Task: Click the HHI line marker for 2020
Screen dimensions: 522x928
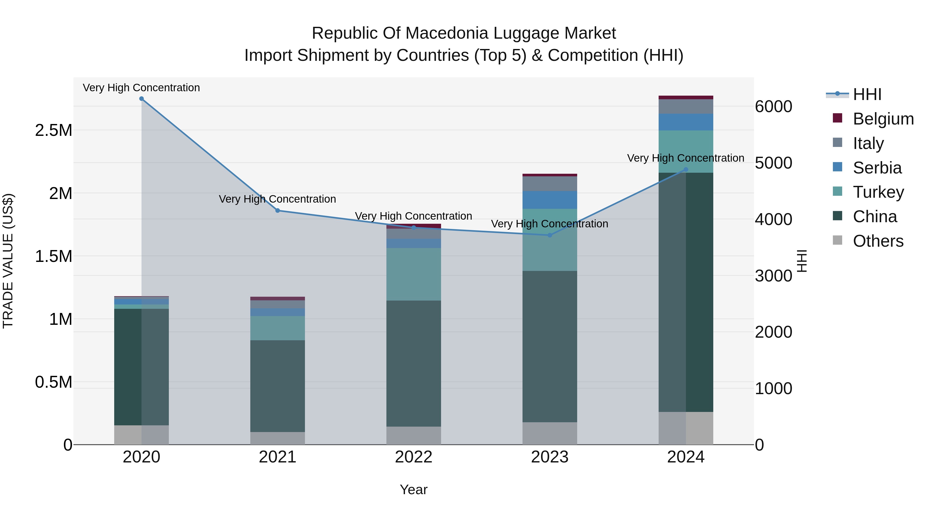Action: [142, 99]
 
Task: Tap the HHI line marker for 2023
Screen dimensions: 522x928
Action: [550, 235]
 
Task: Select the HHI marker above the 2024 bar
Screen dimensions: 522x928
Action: [685, 170]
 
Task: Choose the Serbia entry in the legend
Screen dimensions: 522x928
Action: [877, 168]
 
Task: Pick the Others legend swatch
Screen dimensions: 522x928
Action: [838, 240]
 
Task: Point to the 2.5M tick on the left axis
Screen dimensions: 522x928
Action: [53, 130]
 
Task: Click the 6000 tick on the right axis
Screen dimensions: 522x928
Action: [773, 107]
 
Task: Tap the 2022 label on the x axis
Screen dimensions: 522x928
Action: [413, 457]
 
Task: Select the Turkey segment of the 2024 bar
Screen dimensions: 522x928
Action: [685, 151]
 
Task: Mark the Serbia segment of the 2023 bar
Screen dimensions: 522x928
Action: [550, 200]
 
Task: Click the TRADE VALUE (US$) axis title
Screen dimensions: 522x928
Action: [8, 261]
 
